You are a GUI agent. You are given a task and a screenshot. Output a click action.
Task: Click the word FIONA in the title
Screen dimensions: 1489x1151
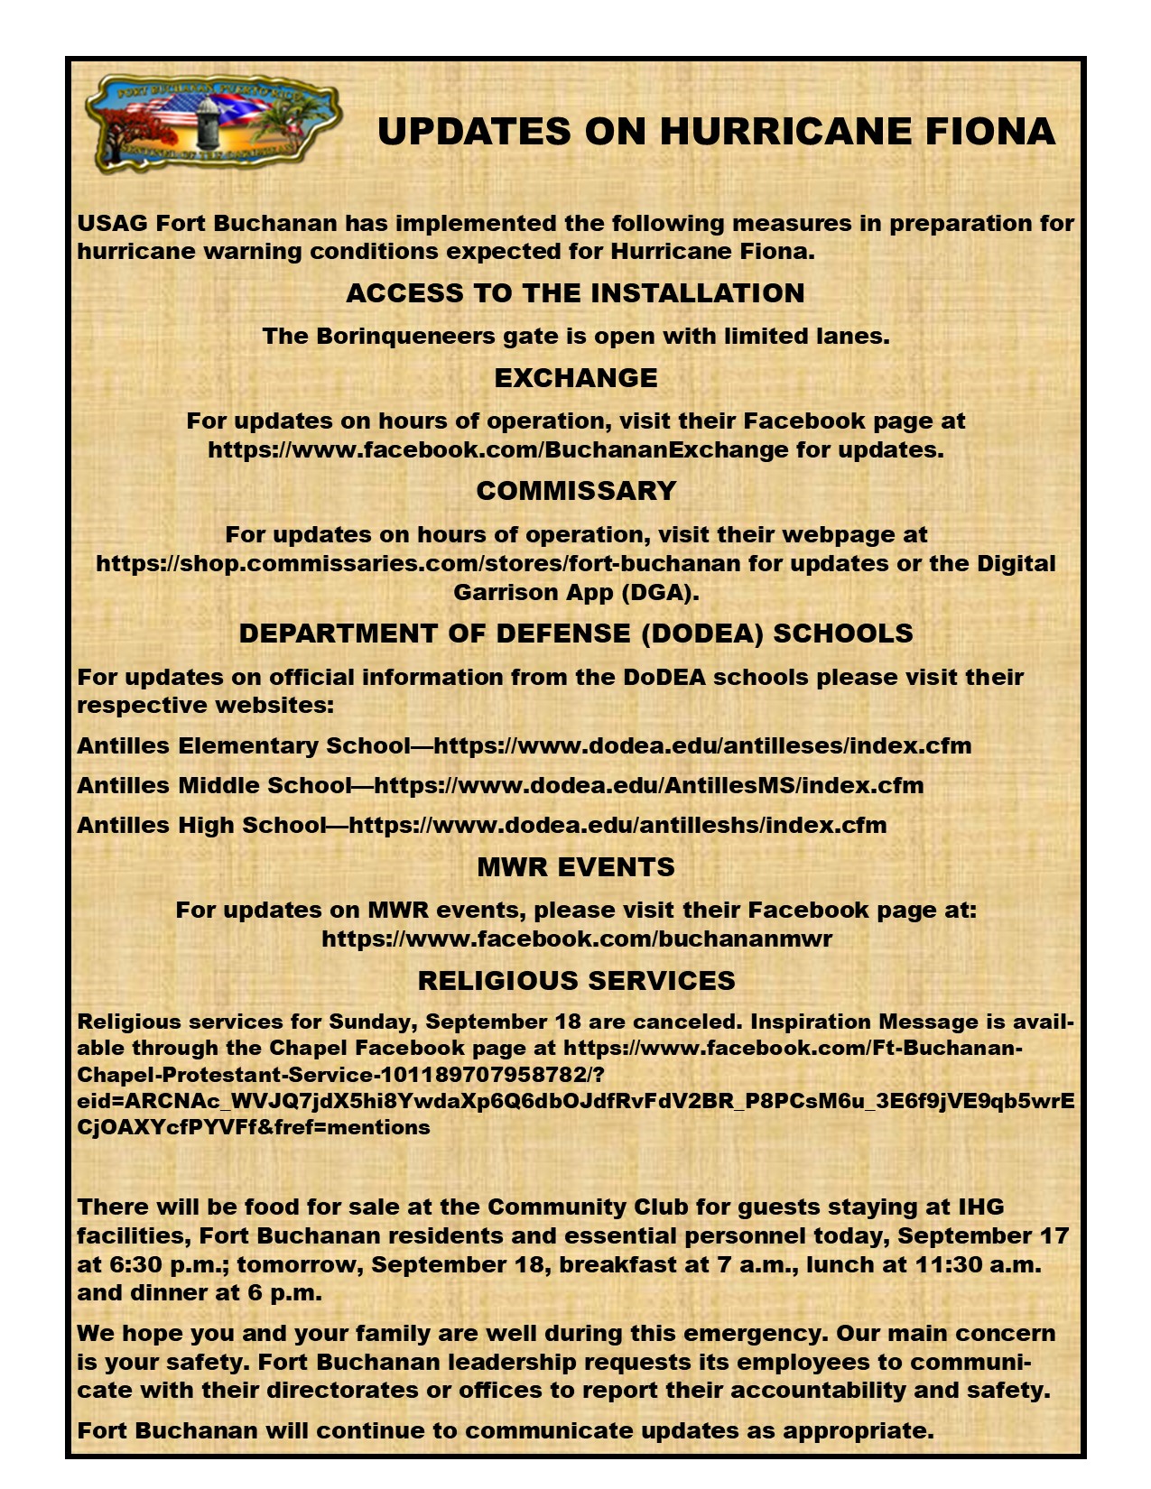coord(989,132)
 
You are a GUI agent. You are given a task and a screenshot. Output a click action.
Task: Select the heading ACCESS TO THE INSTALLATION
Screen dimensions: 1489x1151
coord(575,293)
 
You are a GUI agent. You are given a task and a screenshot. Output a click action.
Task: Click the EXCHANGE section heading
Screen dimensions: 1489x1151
coord(575,378)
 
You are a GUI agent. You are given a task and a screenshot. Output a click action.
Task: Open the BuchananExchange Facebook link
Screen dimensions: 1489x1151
coord(498,449)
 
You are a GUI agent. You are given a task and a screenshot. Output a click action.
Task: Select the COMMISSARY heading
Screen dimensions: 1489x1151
coord(576,491)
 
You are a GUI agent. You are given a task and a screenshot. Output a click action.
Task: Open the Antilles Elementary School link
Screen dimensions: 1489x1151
coord(702,746)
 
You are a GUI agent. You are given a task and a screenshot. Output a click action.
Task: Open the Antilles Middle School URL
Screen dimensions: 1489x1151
coord(648,786)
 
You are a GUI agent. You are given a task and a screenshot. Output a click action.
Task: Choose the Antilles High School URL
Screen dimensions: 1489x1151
coord(617,826)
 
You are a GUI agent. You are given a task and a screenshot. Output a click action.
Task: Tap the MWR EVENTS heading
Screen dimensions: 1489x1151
coord(576,867)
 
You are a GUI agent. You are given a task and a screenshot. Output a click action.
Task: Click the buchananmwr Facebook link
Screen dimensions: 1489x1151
coord(577,939)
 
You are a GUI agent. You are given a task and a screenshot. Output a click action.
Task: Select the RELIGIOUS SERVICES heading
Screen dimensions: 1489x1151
coord(576,981)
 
